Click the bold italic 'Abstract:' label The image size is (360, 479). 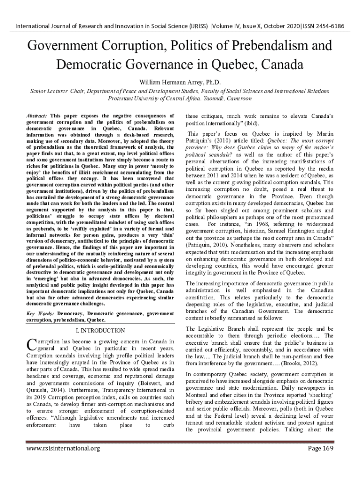pyautogui.click(x=37, y=115)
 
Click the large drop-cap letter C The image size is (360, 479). pyautogui.click(x=30, y=345)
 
